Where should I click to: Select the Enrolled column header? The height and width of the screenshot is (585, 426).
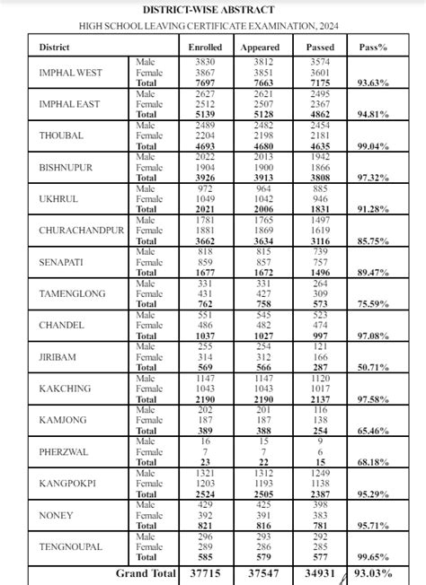[206, 47]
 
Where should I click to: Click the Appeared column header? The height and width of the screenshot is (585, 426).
[261, 47]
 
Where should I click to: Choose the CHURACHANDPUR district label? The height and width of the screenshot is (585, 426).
[82, 231]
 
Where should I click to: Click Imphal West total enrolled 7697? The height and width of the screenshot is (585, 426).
[206, 83]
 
